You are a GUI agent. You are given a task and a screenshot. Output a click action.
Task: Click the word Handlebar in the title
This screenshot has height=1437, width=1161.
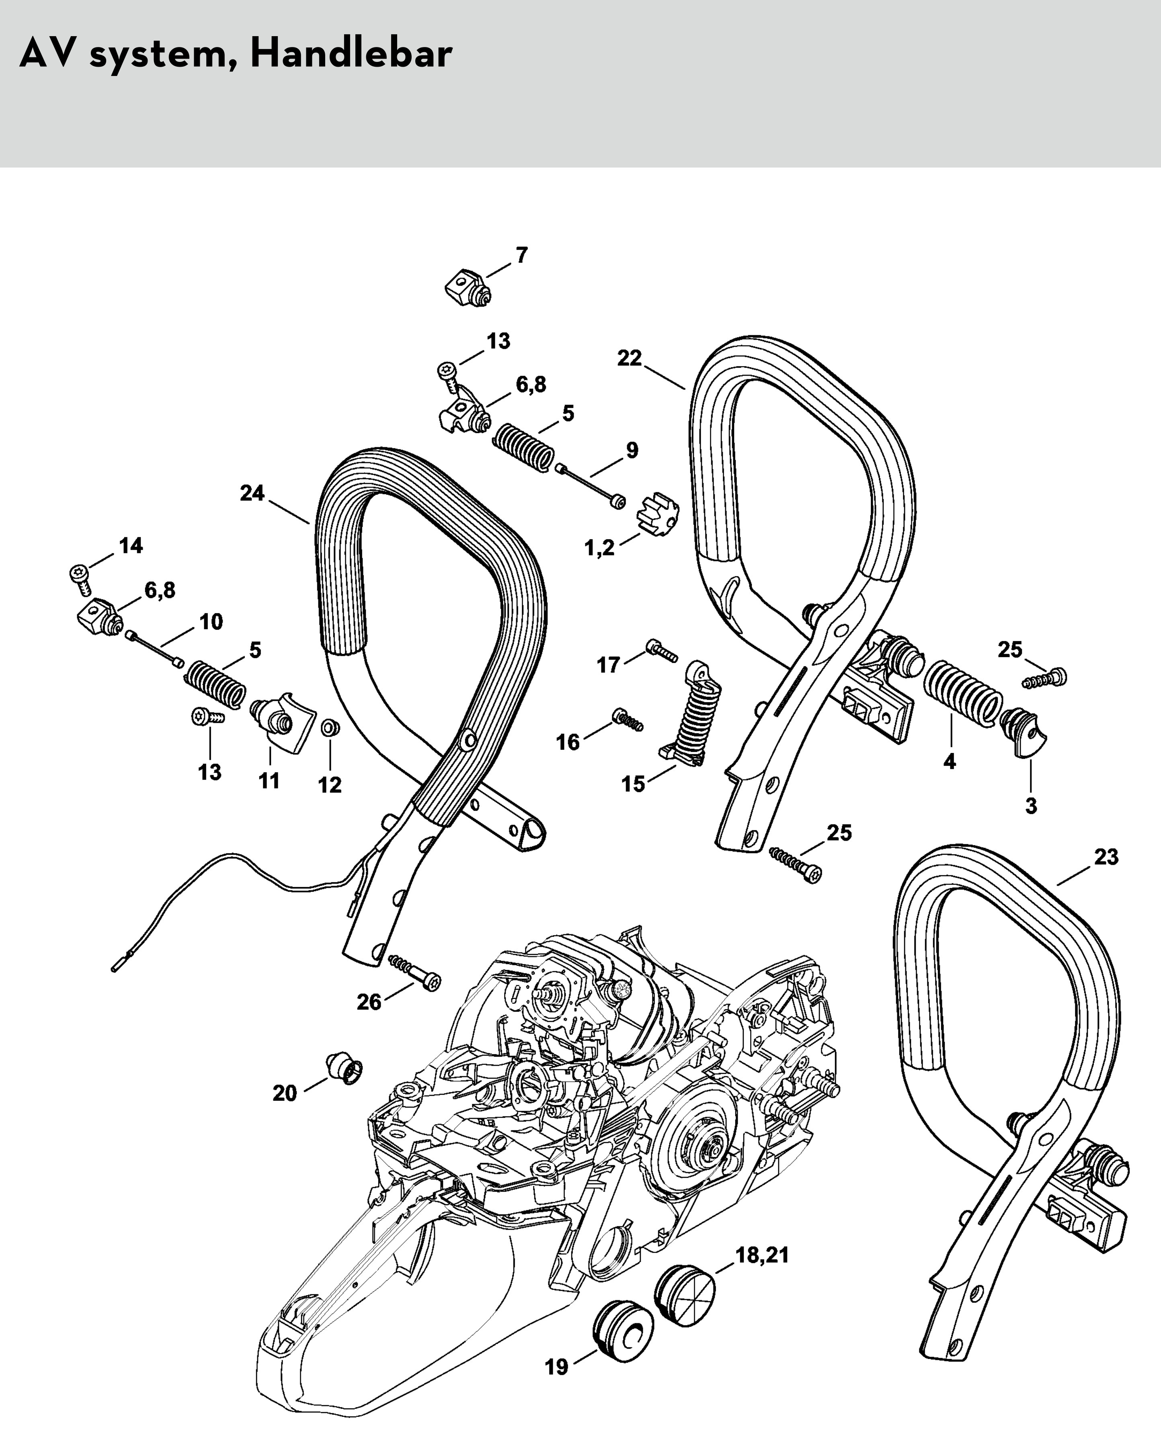coord(351,53)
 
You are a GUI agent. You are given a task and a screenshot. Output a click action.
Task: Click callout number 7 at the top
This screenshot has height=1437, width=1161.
coord(522,255)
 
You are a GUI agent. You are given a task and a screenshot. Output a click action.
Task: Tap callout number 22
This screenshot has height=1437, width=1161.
coord(629,358)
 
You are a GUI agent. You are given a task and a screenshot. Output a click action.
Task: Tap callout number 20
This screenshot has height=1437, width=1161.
coord(284,1093)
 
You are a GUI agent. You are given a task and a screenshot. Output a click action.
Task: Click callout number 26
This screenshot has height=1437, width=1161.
coord(369,1002)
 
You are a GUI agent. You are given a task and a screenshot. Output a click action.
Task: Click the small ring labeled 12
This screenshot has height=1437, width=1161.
coord(329,727)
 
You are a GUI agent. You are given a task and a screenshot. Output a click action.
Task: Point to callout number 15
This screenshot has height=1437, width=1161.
coord(633,784)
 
